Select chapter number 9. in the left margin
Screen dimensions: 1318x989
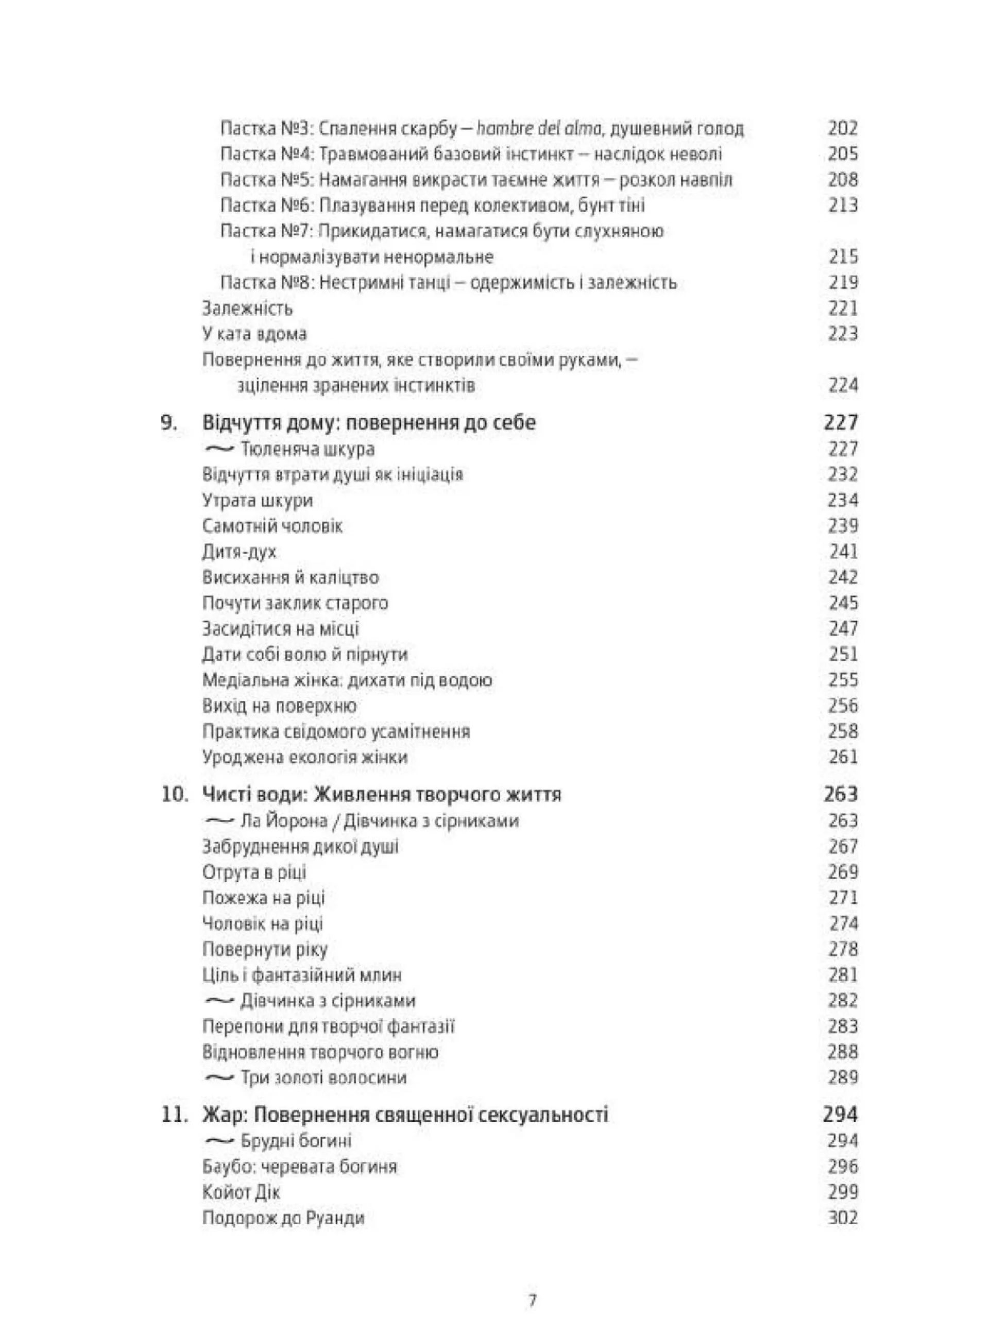(x=169, y=423)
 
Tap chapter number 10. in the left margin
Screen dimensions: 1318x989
(x=174, y=794)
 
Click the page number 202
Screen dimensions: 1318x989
(x=842, y=128)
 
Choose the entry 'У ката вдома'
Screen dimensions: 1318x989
(x=254, y=334)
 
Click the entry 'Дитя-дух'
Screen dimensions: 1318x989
(x=240, y=552)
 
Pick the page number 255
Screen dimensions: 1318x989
(x=842, y=680)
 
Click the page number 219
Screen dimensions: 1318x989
(x=842, y=282)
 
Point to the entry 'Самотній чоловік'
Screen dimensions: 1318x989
(x=272, y=526)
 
